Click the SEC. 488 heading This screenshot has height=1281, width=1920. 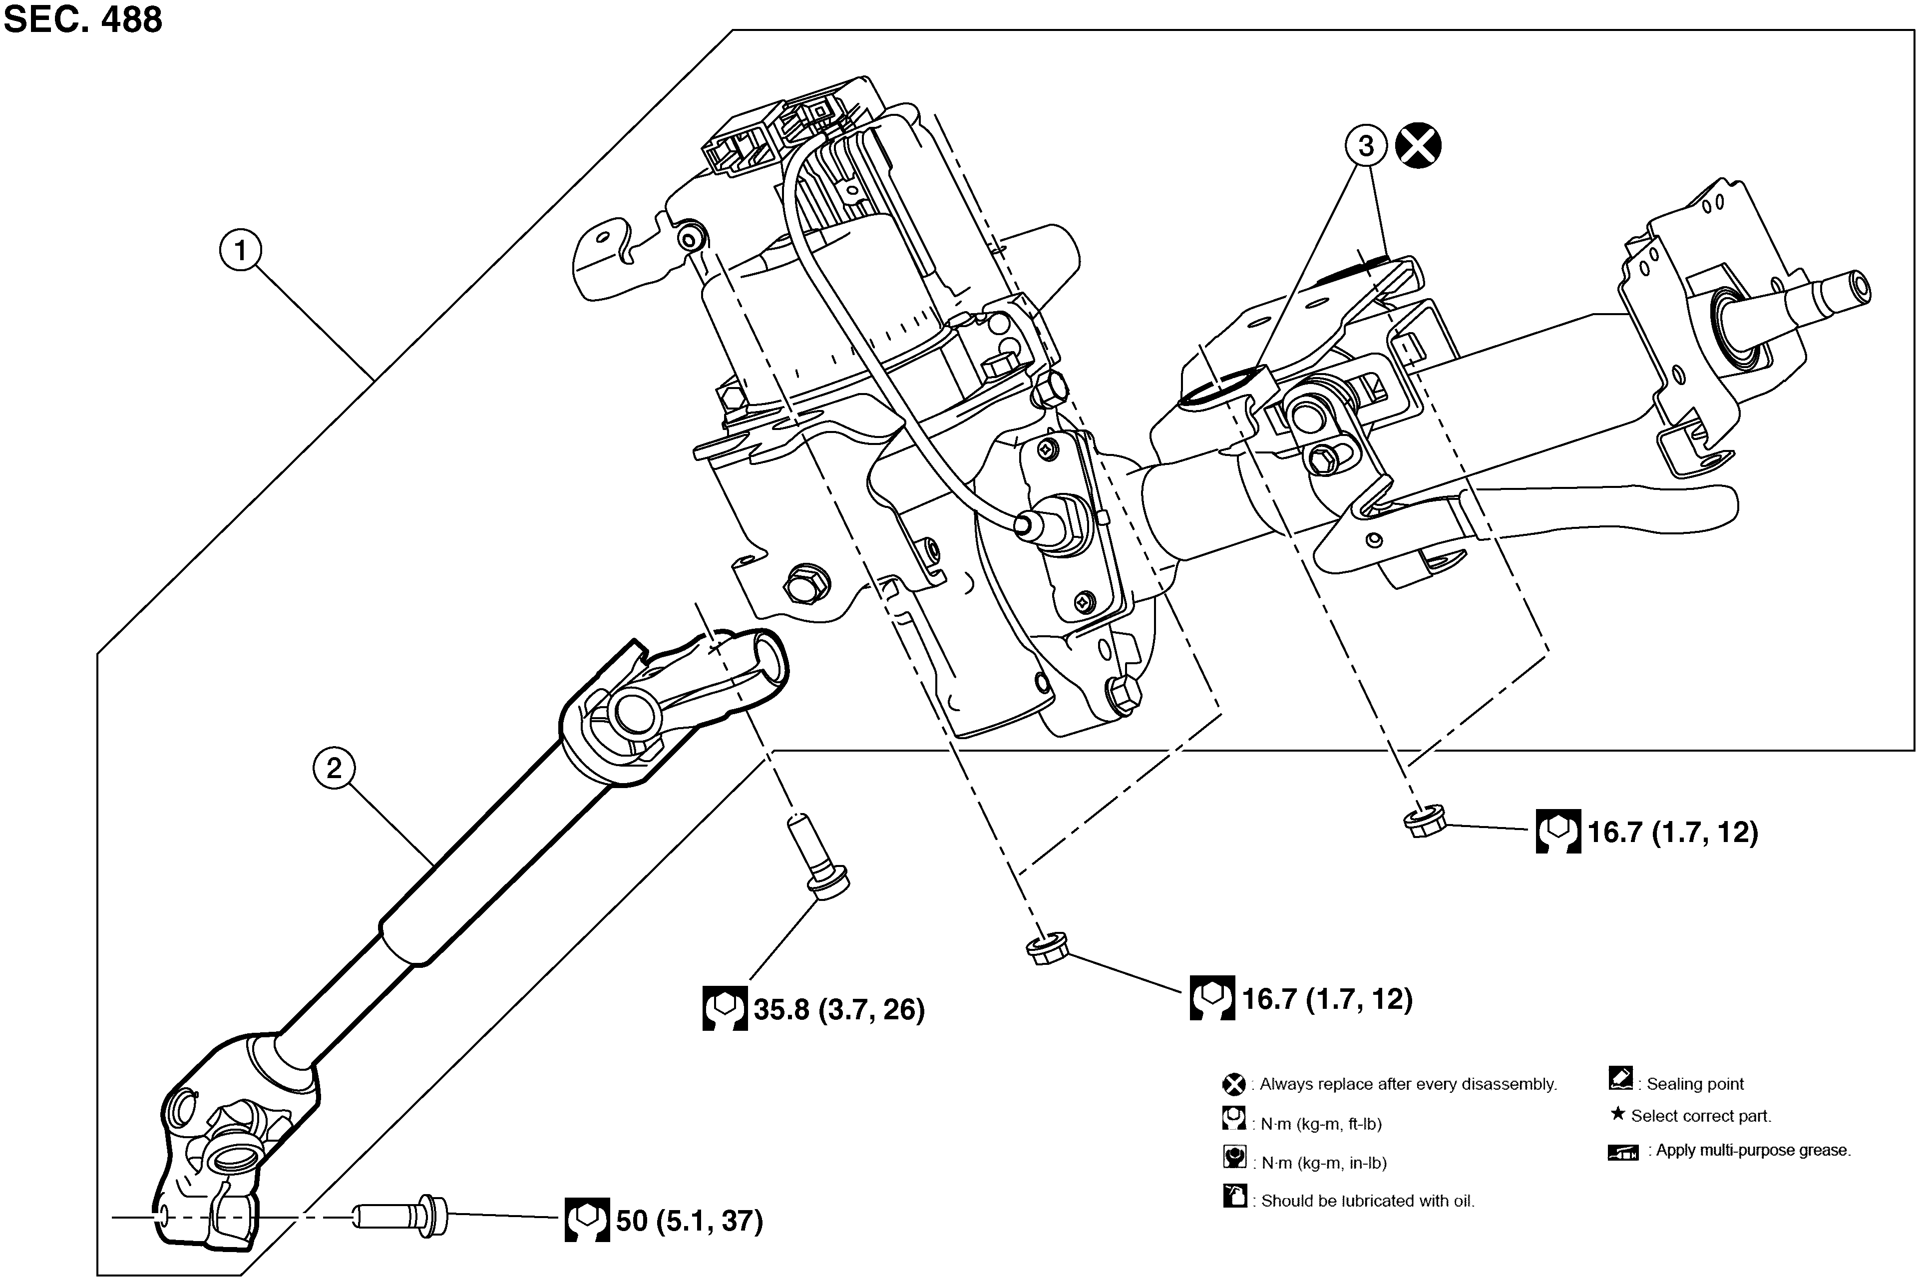(x=83, y=19)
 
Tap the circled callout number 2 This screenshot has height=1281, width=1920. (x=333, y=769)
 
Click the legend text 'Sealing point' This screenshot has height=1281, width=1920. (x=1695, y=1084)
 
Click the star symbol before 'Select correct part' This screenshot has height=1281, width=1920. (x=1617, y=1114)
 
